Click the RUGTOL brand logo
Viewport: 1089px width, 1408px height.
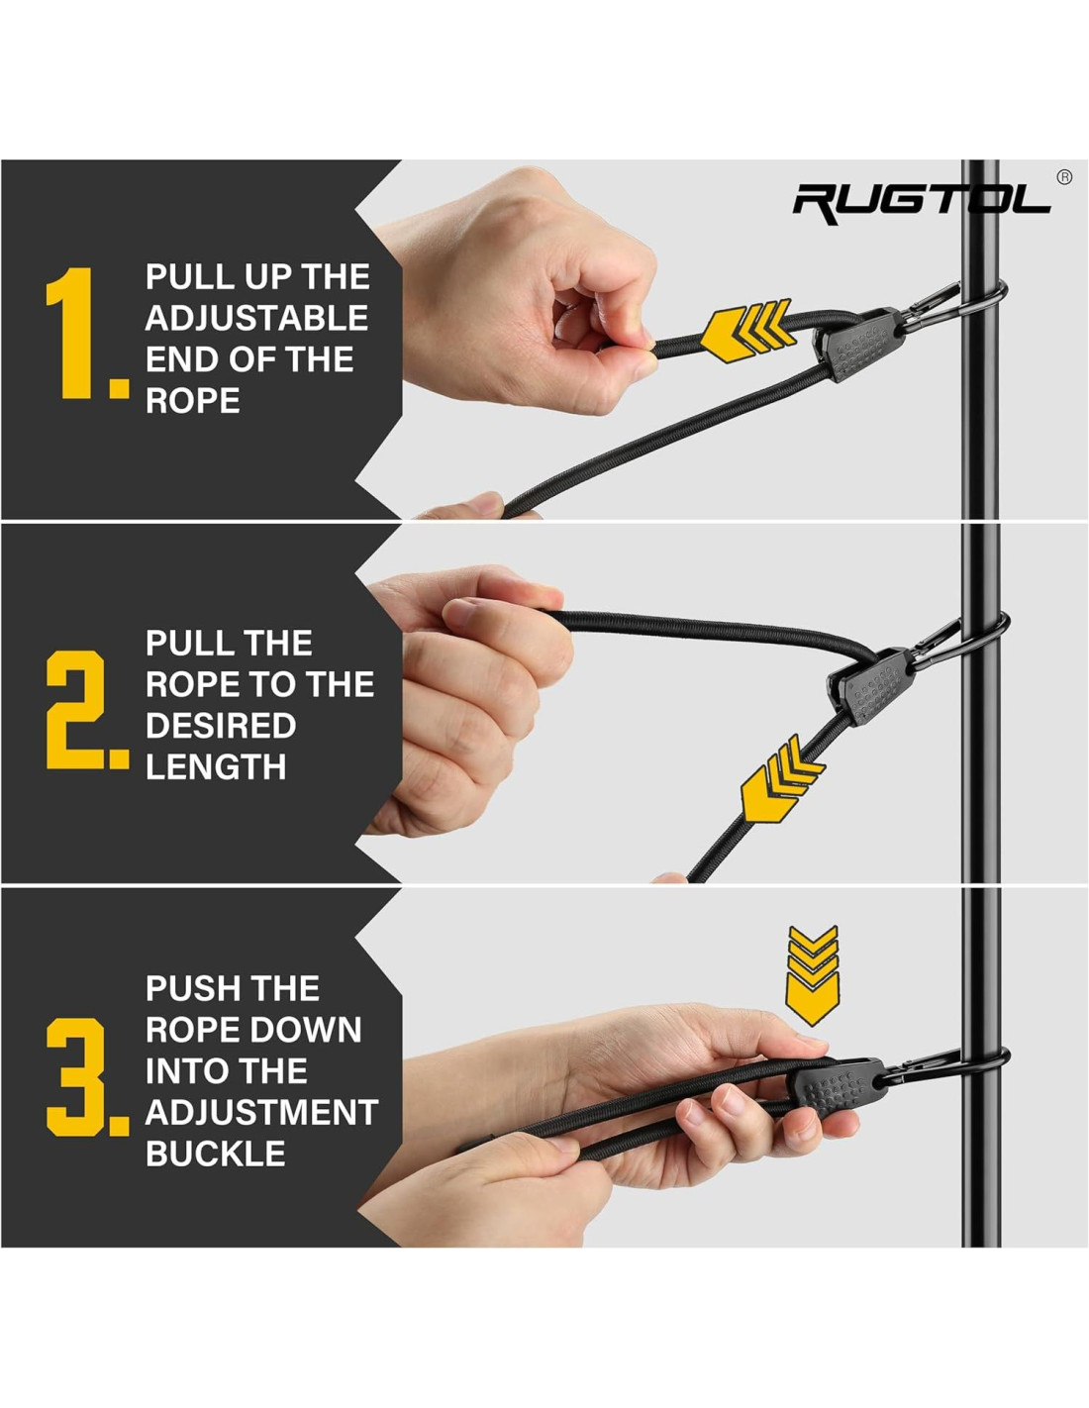pos(922,204)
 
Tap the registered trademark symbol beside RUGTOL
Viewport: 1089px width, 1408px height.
pos(1063,177)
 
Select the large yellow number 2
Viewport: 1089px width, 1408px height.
pos(75,710)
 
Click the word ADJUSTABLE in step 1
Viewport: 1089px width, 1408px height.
pos(256,318)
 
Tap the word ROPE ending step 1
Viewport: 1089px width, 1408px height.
pos(192,400)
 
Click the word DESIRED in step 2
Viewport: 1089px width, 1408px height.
pos(221,725)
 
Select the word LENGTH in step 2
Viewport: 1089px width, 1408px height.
pos(216,766)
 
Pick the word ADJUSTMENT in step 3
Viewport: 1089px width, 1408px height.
pos(261,1113)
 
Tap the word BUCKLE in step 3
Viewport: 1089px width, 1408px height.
pos(215,1154)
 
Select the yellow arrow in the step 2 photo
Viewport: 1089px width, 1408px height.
pos(782,779)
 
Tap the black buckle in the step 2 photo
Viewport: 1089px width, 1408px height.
pos(869,687)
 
